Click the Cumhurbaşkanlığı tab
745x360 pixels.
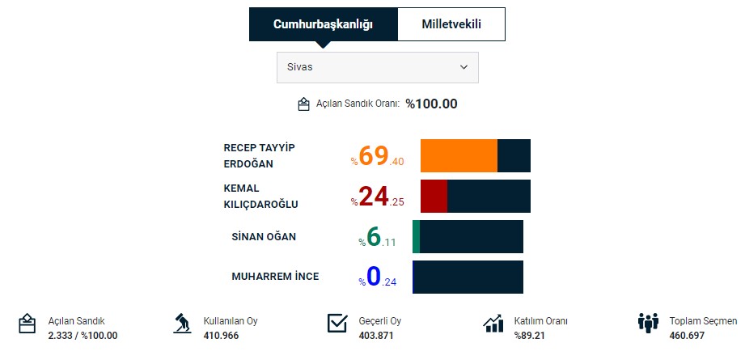click(323, 24)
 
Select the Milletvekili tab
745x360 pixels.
click(451, 24)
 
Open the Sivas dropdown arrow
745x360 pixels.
click(464, 67)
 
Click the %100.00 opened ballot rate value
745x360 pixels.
click(431, 104)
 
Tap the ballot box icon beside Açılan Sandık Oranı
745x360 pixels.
click(304, 104)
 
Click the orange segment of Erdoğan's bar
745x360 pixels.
click(459, 155)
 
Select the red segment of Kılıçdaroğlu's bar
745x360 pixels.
click(434, 196)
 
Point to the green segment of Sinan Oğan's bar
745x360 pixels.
click(416, 236)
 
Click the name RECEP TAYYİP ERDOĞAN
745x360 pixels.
click(260, 155)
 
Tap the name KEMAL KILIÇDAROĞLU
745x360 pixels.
click(260, 196)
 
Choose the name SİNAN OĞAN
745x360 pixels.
click(264, 236)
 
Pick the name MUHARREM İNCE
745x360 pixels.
click(275, 277)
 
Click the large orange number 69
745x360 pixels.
click(374, 156)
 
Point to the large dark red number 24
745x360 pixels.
click(374, 197)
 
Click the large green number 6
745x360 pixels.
click(374, 236)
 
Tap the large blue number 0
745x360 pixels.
click(374, 277)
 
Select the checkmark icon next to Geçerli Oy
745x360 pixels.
click(337, 324)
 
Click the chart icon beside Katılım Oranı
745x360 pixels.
click(493, 324)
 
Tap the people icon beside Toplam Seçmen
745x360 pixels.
click(648, 324)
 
